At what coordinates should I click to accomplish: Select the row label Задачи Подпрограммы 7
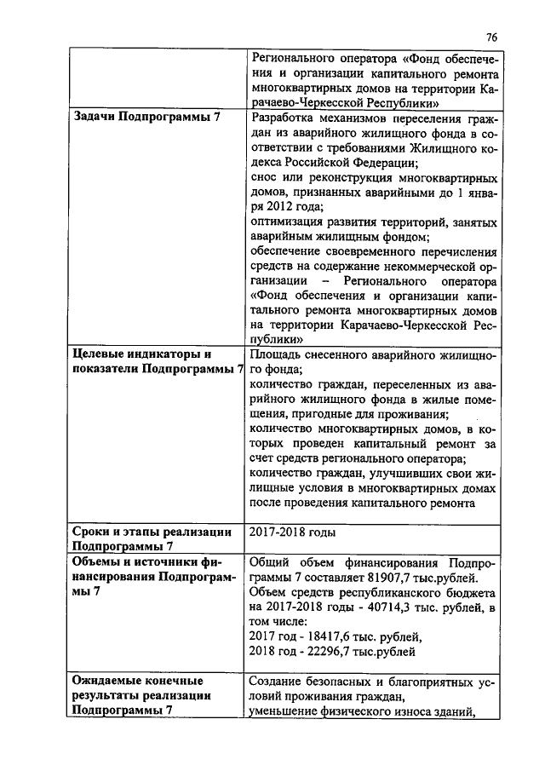(146, 117)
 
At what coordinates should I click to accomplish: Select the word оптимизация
(289, 223)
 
